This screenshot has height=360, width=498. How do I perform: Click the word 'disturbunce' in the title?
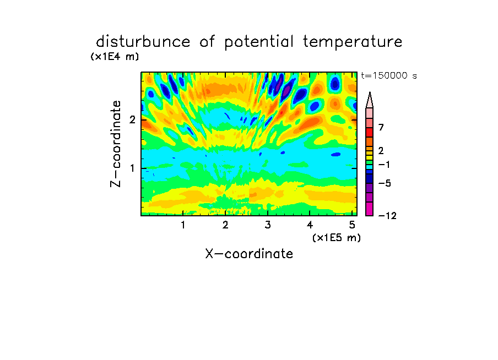click(143, 42)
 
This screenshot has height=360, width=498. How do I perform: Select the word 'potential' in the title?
click(259, 42)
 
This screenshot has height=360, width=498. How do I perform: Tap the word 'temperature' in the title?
click(353, 42)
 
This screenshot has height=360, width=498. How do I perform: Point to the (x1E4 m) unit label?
click(115, 57)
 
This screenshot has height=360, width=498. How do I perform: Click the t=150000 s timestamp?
click(389, 75)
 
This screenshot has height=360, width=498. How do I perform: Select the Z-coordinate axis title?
click(116, 144)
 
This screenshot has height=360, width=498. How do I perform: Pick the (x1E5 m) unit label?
click(337, 237)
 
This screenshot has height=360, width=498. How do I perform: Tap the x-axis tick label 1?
click(183, 225)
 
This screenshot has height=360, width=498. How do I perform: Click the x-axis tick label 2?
click(225, 225)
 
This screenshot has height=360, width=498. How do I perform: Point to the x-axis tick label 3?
click(268, 225)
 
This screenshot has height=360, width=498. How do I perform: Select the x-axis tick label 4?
click(310, 225)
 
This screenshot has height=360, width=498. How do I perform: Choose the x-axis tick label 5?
click(352, 225)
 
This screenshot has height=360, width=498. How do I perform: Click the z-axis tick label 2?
click(132, 120)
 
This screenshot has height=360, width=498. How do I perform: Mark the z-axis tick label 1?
click(132, 168)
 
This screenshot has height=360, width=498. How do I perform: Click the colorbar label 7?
click(381, 128)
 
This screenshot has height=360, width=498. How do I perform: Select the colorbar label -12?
click(387, 216)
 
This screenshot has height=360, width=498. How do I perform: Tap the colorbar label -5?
click(385, 183)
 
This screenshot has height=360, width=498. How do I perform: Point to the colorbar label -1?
click(384, 165)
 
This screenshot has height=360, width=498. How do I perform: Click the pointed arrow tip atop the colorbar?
click(370, 92)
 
